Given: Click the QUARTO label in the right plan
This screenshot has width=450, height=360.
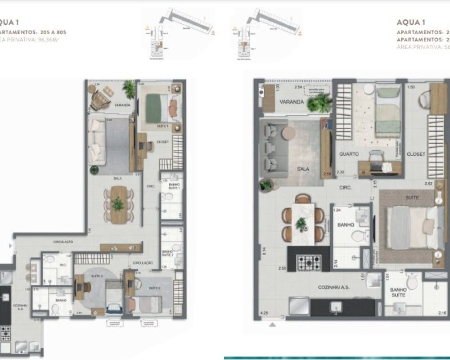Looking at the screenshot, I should point(349,154).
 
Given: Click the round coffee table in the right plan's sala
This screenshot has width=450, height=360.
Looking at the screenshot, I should point(288,132).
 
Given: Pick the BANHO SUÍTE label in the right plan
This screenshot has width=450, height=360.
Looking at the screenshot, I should point(398,292).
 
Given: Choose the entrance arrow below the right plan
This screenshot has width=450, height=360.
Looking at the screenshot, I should point(272,323).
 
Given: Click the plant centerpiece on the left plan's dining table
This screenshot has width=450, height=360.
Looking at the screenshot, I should point(118,204).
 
